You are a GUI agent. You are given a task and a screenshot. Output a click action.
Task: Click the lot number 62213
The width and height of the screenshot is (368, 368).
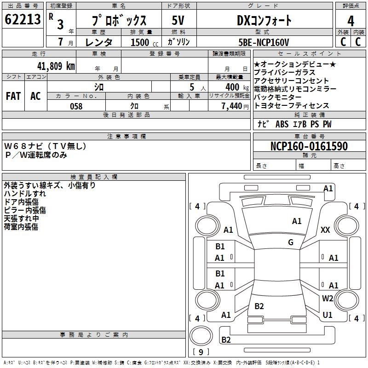click(23, 19)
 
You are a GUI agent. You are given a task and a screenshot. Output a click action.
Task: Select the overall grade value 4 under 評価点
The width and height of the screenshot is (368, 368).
click(351, 21)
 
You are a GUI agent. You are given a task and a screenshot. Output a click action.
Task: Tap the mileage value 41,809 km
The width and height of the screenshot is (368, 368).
click(56, 66)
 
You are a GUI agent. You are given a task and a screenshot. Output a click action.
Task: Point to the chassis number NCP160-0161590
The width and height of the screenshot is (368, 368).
click(309, 146)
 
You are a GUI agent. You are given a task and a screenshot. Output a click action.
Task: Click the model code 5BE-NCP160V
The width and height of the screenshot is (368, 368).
click(264, 42)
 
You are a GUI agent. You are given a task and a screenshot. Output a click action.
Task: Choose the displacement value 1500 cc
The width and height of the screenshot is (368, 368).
click(144, 42)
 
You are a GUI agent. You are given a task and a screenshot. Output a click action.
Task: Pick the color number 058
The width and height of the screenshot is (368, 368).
click(76, 106)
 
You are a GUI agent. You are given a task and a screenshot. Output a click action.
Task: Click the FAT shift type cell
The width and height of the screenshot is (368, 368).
click(13, 96)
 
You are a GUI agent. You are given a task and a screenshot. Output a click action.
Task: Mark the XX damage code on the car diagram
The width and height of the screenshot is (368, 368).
click(325, 230)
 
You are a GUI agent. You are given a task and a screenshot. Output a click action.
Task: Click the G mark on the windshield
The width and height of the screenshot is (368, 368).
click(291, 242)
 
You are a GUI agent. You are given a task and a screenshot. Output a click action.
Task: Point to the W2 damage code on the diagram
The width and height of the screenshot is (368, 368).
click(328, 298)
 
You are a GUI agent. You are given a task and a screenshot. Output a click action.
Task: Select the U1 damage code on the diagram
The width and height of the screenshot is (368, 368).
click(328, 315)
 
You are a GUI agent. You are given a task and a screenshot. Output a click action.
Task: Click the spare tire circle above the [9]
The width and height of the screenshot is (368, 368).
click(201, 336)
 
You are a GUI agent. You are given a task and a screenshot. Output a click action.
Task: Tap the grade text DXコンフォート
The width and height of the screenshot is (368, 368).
click(264, 20)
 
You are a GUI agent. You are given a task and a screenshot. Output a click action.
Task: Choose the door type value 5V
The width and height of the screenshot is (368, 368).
click(178, 20)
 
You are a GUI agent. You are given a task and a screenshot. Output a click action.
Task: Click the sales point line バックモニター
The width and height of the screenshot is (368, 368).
click(277, 97)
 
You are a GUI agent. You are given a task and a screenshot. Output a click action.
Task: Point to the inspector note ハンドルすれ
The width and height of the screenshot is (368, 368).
click(25, 194)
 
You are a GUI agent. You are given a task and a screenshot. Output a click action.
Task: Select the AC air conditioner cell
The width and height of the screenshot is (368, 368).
click(35, 96)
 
